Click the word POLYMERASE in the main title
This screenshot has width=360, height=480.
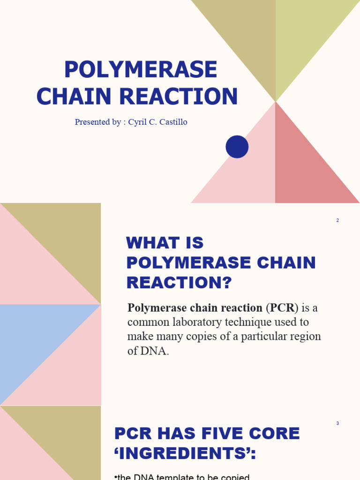click(x=140, y=70)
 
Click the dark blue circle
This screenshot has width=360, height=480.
click(x=237, y=147)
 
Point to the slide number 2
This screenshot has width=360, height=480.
click(x=337, y=220)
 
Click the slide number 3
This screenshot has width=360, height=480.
click(x=337, y=423)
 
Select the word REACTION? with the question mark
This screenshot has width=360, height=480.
click(x=179, y=283)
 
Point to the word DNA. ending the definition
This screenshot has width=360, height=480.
click(x=155, y=351)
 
